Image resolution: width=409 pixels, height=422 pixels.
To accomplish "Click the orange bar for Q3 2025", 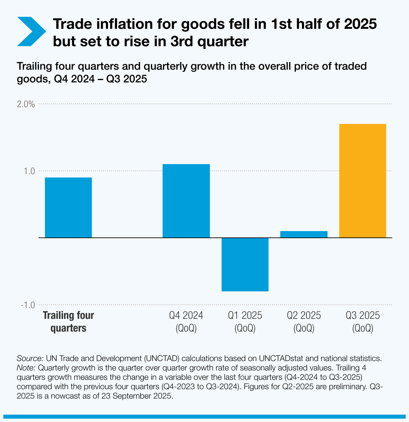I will pyautogui.click(x=362, y=181).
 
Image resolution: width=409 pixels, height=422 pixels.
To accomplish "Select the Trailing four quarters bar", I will pyautogui.click(x=68, y=208).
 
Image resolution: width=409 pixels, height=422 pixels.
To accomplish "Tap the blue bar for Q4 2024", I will pyautogui.click(x=186, y=201).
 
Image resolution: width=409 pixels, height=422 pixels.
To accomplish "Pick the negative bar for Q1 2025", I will pyautogui.click(x=245, y=265).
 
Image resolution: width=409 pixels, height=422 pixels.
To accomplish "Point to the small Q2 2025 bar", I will pyautogui.click(x=304, y=234).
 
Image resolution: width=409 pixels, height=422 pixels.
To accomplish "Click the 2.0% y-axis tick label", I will pyautogui.click(x=26, y=104).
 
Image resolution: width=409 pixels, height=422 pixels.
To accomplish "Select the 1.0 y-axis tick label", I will pyautogui.click(x=30, y=171).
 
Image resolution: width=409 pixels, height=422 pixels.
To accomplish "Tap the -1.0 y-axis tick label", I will pyautogui.click(x=27, y=305).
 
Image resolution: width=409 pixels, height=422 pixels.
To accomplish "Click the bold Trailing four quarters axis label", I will pyautogui.click(x=68, y=322).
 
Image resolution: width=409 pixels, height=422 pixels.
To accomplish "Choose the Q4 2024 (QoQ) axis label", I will pyautogui.click(x=186, y=322).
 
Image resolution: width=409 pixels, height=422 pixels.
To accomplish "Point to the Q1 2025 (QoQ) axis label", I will pyautogui.click(x=245, y=322).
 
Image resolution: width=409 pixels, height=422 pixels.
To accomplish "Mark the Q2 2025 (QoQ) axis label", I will pyautogui.click(x=304, y=322).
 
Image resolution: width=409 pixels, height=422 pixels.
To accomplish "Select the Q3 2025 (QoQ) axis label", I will pyautogui.click(x=363, y=322).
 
